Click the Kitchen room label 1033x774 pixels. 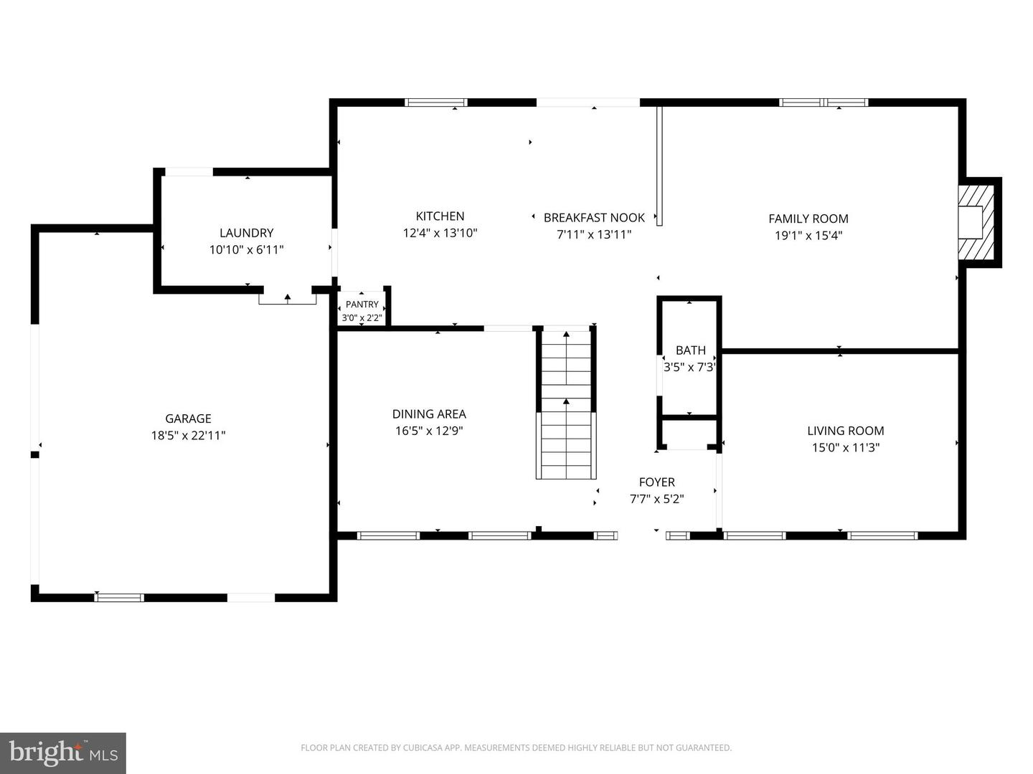pyautogui.click(x=440, y=216)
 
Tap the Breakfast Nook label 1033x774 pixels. pyautogui.click(x=594, y=218)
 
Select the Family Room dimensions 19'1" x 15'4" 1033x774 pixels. pyautogui.click(x=808, y=235)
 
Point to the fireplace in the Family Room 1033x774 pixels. pyautogui.click(x=976, y=222)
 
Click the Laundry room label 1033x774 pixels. pyautogui.click(x=246, y=233)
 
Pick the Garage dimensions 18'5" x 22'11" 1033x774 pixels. pyautogui.click(x=188, y=435)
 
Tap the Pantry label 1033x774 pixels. pyautogui.click(x=362, y=304)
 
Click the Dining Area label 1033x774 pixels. pyautogui.click(x=429, y=414)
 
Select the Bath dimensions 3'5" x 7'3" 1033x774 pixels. pyautogui.click(x=689, y=367)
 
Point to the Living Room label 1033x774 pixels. pyautogui.click(x=845, y=431)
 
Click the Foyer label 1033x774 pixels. pyautogui.click(x=656, y=482)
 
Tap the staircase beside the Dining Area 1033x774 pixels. pyautogui.click(x=566, y=404)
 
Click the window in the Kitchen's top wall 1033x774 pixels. pyautogui.click(x=435, y=102)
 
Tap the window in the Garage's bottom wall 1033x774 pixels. pyautogui.click(x=119, y=597)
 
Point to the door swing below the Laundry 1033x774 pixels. pyautogui.click(x=288, y=298)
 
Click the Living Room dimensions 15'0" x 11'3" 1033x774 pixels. pyautogui.click(x=845, y=447)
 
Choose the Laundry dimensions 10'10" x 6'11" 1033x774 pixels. pyautogui.click(x=246, y=249)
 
